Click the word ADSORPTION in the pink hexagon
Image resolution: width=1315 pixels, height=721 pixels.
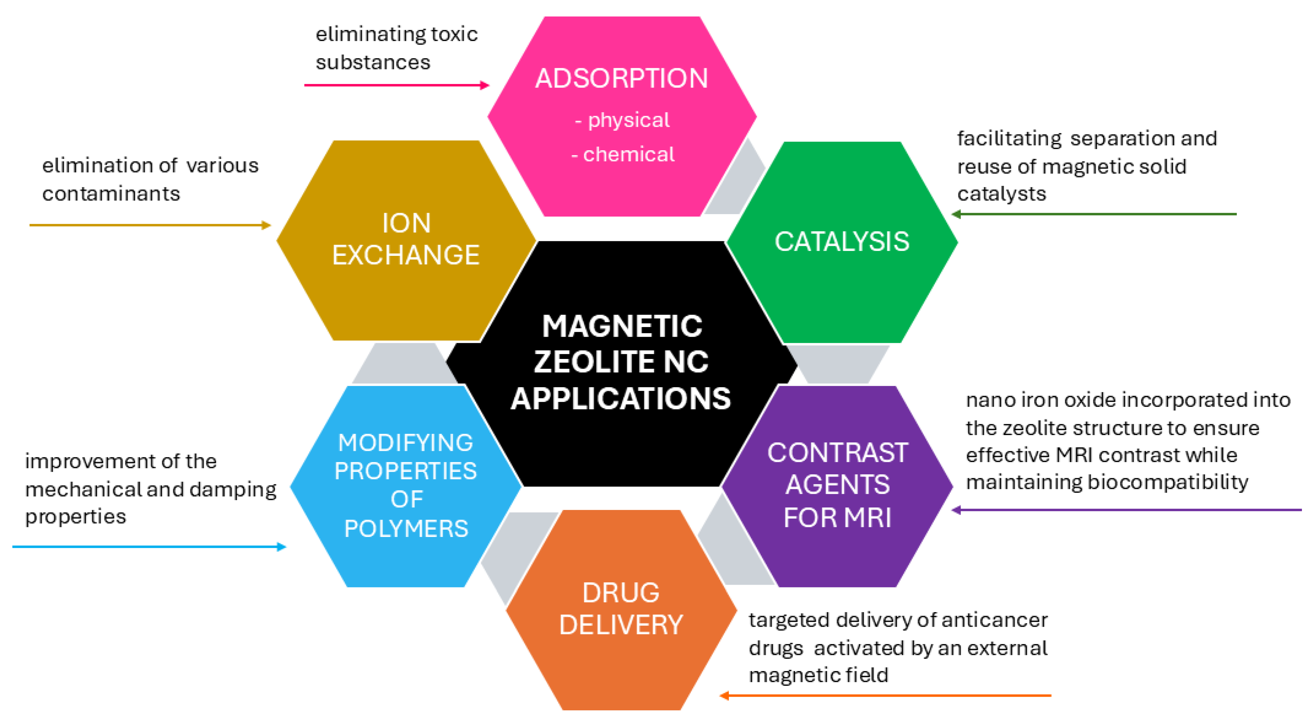621,78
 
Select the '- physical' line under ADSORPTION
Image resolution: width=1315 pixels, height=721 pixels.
622,120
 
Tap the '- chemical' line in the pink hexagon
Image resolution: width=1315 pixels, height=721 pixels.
623,154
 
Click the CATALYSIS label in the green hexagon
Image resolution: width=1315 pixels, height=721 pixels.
842,242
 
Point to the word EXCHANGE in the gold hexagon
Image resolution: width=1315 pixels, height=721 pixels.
406,255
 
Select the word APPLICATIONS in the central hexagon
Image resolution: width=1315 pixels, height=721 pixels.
621,399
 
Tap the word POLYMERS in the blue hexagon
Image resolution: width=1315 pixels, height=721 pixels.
406,528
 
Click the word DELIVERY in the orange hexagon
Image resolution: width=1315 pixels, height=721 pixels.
621,625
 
